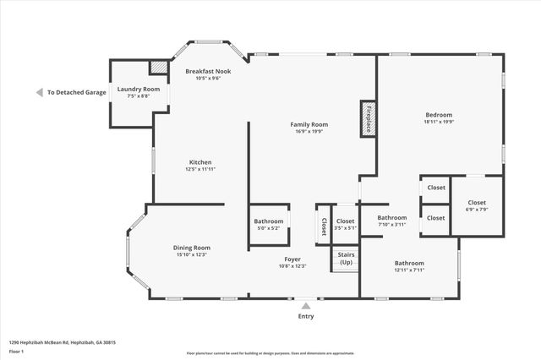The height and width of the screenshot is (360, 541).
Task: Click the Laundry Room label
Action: [138, 89]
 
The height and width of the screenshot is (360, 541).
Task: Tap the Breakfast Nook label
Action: [208, 72]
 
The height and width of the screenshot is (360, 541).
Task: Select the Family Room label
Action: [309, 125]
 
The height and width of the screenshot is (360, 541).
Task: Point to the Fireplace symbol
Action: [368, 119]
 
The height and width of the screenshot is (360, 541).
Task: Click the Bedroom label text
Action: [438, 115]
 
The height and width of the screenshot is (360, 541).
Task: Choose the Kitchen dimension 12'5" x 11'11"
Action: [200, 169]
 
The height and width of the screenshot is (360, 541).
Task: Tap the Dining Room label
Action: [192, 248]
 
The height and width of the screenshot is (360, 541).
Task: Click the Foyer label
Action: [292, 259]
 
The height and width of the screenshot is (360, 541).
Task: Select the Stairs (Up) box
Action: [346, 258]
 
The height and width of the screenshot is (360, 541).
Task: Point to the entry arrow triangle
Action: [305, 305]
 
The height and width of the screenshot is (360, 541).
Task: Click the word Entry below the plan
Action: [305, 316]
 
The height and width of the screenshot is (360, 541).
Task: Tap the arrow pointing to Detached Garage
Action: [39, 92]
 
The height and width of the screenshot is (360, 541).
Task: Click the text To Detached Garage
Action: [76, 92]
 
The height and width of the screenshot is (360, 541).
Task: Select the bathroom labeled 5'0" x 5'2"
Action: [269, 225]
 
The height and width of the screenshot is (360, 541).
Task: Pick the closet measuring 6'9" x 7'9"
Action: [477, 205]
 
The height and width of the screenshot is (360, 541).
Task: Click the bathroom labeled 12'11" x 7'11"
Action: [409, 266]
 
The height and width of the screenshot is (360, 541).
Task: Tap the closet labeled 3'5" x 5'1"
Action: [345, 224]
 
